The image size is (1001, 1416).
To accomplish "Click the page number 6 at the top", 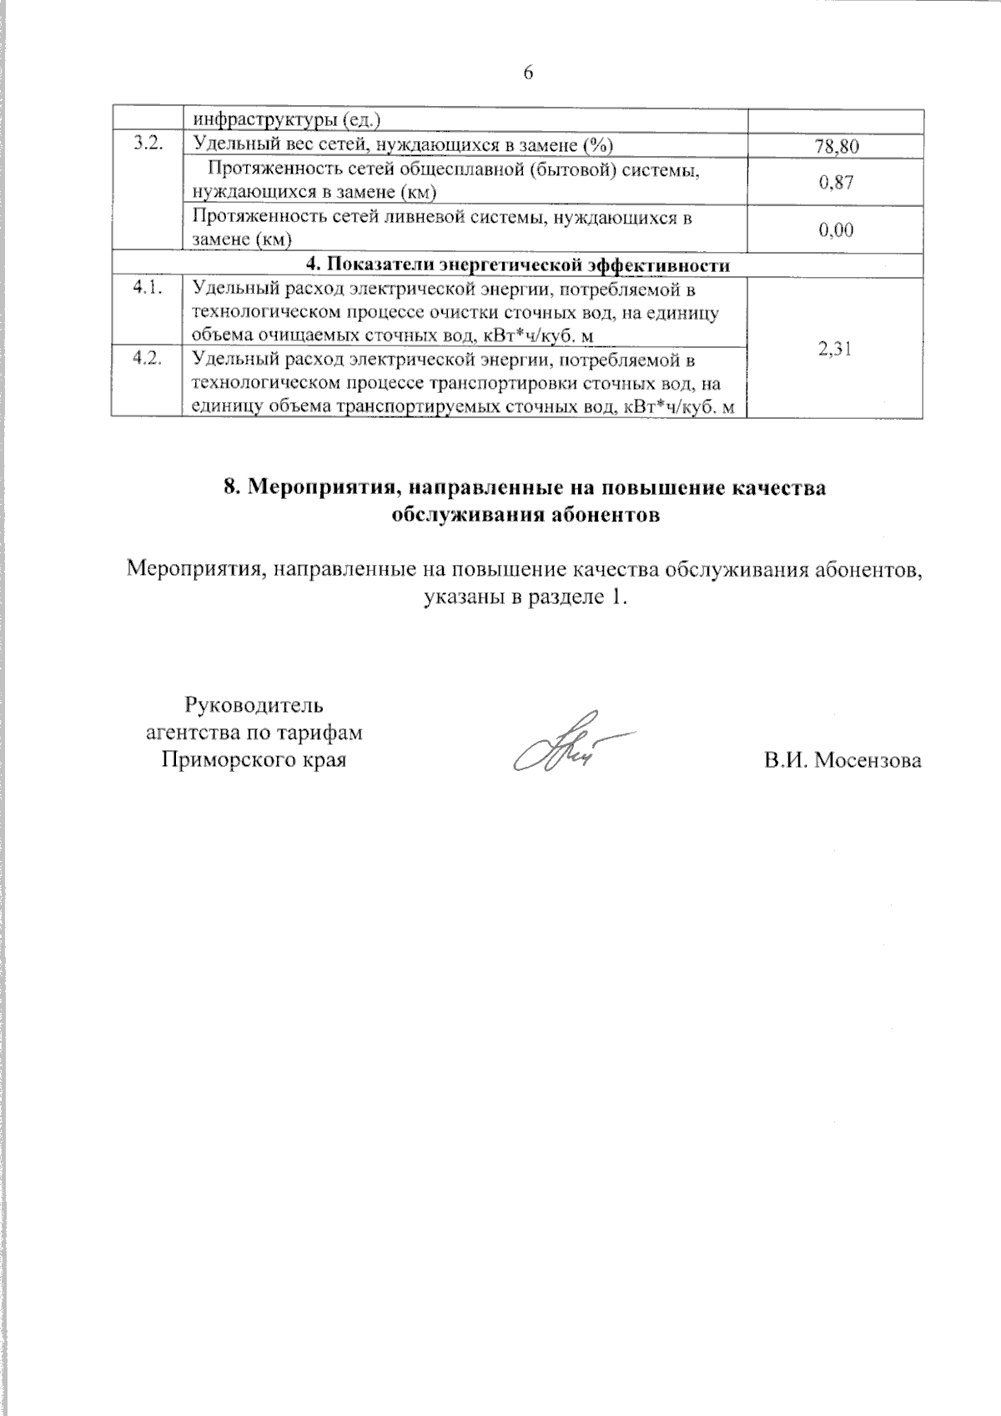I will coord(528,73).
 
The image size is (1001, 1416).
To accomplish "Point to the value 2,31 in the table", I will coord(836,350).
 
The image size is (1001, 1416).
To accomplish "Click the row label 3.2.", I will coord(147,144).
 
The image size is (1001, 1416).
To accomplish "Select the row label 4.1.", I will coord(147,289).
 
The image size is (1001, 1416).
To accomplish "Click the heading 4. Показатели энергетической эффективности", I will coord(518,265).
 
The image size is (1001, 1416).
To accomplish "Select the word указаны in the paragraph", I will coord(460,597).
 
